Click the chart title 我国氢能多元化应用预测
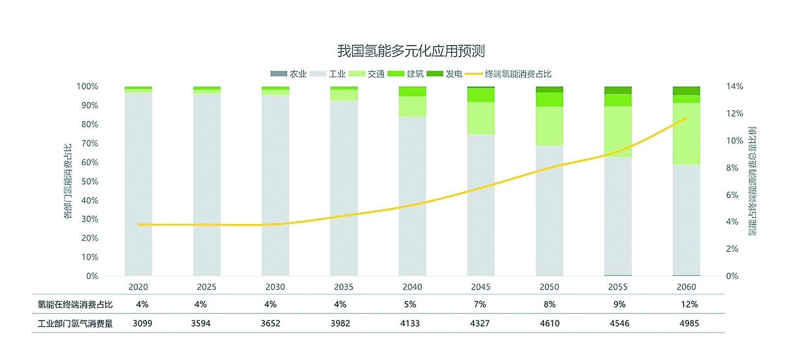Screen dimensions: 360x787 click(411, 51)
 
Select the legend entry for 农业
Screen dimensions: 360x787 click(289, 74)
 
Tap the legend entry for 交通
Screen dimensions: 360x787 click(366, 74)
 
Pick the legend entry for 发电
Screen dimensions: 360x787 click(445, 74)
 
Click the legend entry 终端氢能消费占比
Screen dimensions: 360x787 click(509, 74)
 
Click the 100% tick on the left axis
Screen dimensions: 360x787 click(88, 87)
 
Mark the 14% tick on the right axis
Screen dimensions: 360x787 click(734, 87)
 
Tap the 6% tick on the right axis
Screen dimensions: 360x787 click(732, 195)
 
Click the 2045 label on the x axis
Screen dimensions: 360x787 click(481, 287)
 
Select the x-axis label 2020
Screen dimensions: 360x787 click(138, 287)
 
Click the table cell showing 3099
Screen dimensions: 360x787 click(142, 323)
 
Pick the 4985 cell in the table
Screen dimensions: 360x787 click(689, 323)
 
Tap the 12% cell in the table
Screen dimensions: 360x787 click(689, 304)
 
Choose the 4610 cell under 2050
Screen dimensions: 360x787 click(549, 323)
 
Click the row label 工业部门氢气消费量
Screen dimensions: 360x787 click(75, 323)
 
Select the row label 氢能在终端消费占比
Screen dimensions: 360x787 click(75, 304)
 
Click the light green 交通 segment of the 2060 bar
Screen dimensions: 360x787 click(687, 133)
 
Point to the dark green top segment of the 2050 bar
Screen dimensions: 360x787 click(549, 90)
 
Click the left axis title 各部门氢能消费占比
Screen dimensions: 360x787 click(68, 181)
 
